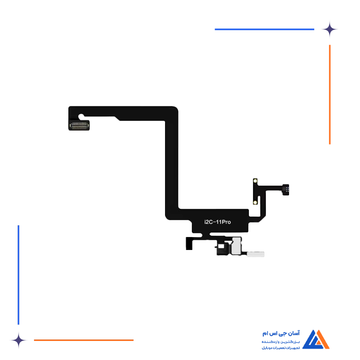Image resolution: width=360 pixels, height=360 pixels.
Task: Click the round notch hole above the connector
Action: tap(80, 117)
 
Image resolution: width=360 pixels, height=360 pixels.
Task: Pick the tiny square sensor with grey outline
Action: tap(221, 247)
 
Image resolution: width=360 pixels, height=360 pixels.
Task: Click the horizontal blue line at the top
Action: tap(265, 29)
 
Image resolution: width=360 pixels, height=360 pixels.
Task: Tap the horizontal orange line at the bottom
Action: tap(84, 339)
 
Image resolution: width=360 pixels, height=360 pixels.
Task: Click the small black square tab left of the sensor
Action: tap(190, 243)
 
